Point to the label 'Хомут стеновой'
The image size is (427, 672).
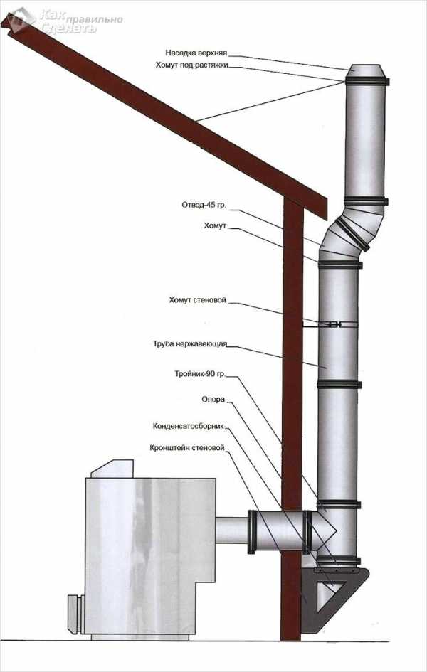tap(198, 300)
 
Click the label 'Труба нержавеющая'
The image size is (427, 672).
tap(189, 343)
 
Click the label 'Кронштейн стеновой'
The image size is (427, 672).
tap(187, 449)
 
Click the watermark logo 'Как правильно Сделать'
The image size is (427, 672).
tap(64, 20)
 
